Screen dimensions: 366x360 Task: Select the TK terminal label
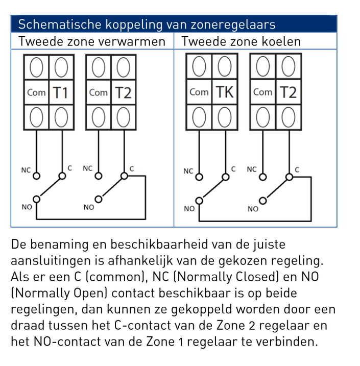224,92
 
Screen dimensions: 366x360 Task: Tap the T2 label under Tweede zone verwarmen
123,92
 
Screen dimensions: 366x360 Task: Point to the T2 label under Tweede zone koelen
288,92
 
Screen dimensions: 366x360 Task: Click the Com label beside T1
36,92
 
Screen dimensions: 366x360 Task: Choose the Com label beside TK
199,92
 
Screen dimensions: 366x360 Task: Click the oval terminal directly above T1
61,67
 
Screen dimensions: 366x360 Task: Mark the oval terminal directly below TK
224,118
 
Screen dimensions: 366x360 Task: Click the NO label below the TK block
189,208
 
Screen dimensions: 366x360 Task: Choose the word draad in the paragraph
27,325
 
